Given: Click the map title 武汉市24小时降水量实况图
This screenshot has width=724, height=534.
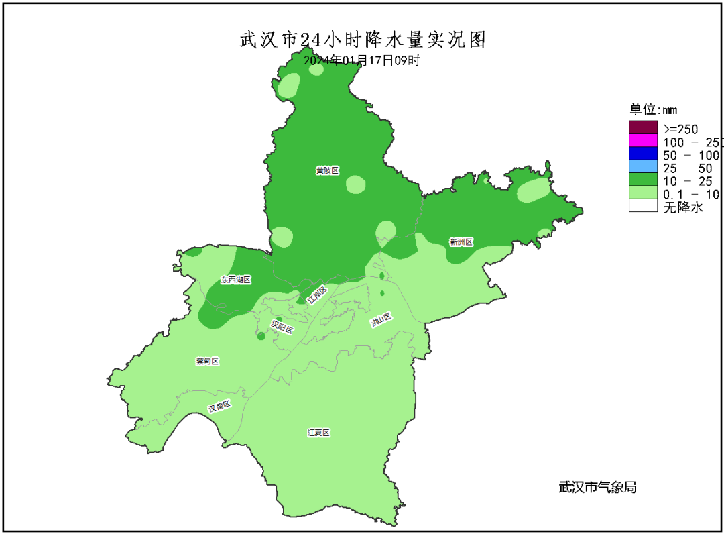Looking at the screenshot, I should coord(362,40).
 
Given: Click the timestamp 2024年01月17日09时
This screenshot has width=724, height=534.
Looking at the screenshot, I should coord(362,60).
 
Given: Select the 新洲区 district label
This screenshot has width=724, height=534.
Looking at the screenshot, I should coord(461,242).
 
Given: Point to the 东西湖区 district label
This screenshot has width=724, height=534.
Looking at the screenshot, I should coord(235,279).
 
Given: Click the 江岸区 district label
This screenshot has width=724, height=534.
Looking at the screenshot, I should coord(316,295).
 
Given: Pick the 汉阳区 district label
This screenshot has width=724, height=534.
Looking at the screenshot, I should coord(282,327).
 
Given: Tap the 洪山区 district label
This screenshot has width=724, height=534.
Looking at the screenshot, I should coord(380,321).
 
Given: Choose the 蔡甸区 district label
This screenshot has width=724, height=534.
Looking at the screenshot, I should coord(207,361).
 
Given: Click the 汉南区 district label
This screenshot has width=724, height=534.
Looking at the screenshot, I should coord(219,407).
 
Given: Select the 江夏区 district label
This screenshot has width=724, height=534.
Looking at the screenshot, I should coord(318,433).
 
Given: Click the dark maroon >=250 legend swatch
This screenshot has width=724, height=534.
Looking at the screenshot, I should coord(643,127).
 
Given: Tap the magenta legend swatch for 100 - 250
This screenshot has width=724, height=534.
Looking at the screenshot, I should coord(643,141).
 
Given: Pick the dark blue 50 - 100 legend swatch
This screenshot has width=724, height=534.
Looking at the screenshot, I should coord(643,154).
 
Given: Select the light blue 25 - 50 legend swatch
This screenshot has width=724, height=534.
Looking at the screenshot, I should coord(643,167).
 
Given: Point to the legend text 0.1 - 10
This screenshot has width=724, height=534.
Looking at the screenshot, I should coord(690,195).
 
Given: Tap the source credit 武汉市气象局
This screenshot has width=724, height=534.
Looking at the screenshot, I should coord(597,487).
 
